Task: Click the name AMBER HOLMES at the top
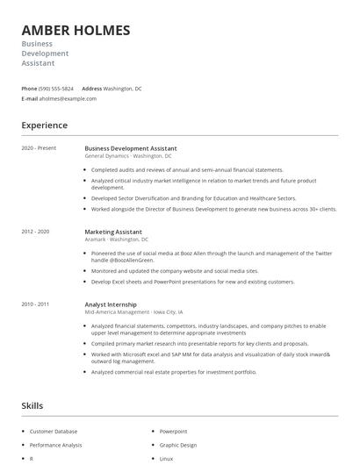[x=76, y=30]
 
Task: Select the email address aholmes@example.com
[x=68, y=98]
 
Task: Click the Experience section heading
[x=45, y=125]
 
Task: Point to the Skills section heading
[x=32, y=406]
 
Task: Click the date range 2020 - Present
[x=39, y=148]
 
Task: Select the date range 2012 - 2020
[x=35, y=231]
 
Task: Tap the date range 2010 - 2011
[x=35, y=304]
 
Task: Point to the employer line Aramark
[x=96, y=239]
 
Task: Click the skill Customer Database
[x=54, y=432]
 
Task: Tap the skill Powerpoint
[x=173, y=432]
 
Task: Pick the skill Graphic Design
[x=176, y=445]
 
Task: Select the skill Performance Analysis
[x=55, y=445]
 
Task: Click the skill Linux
[x=165, y=458]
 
